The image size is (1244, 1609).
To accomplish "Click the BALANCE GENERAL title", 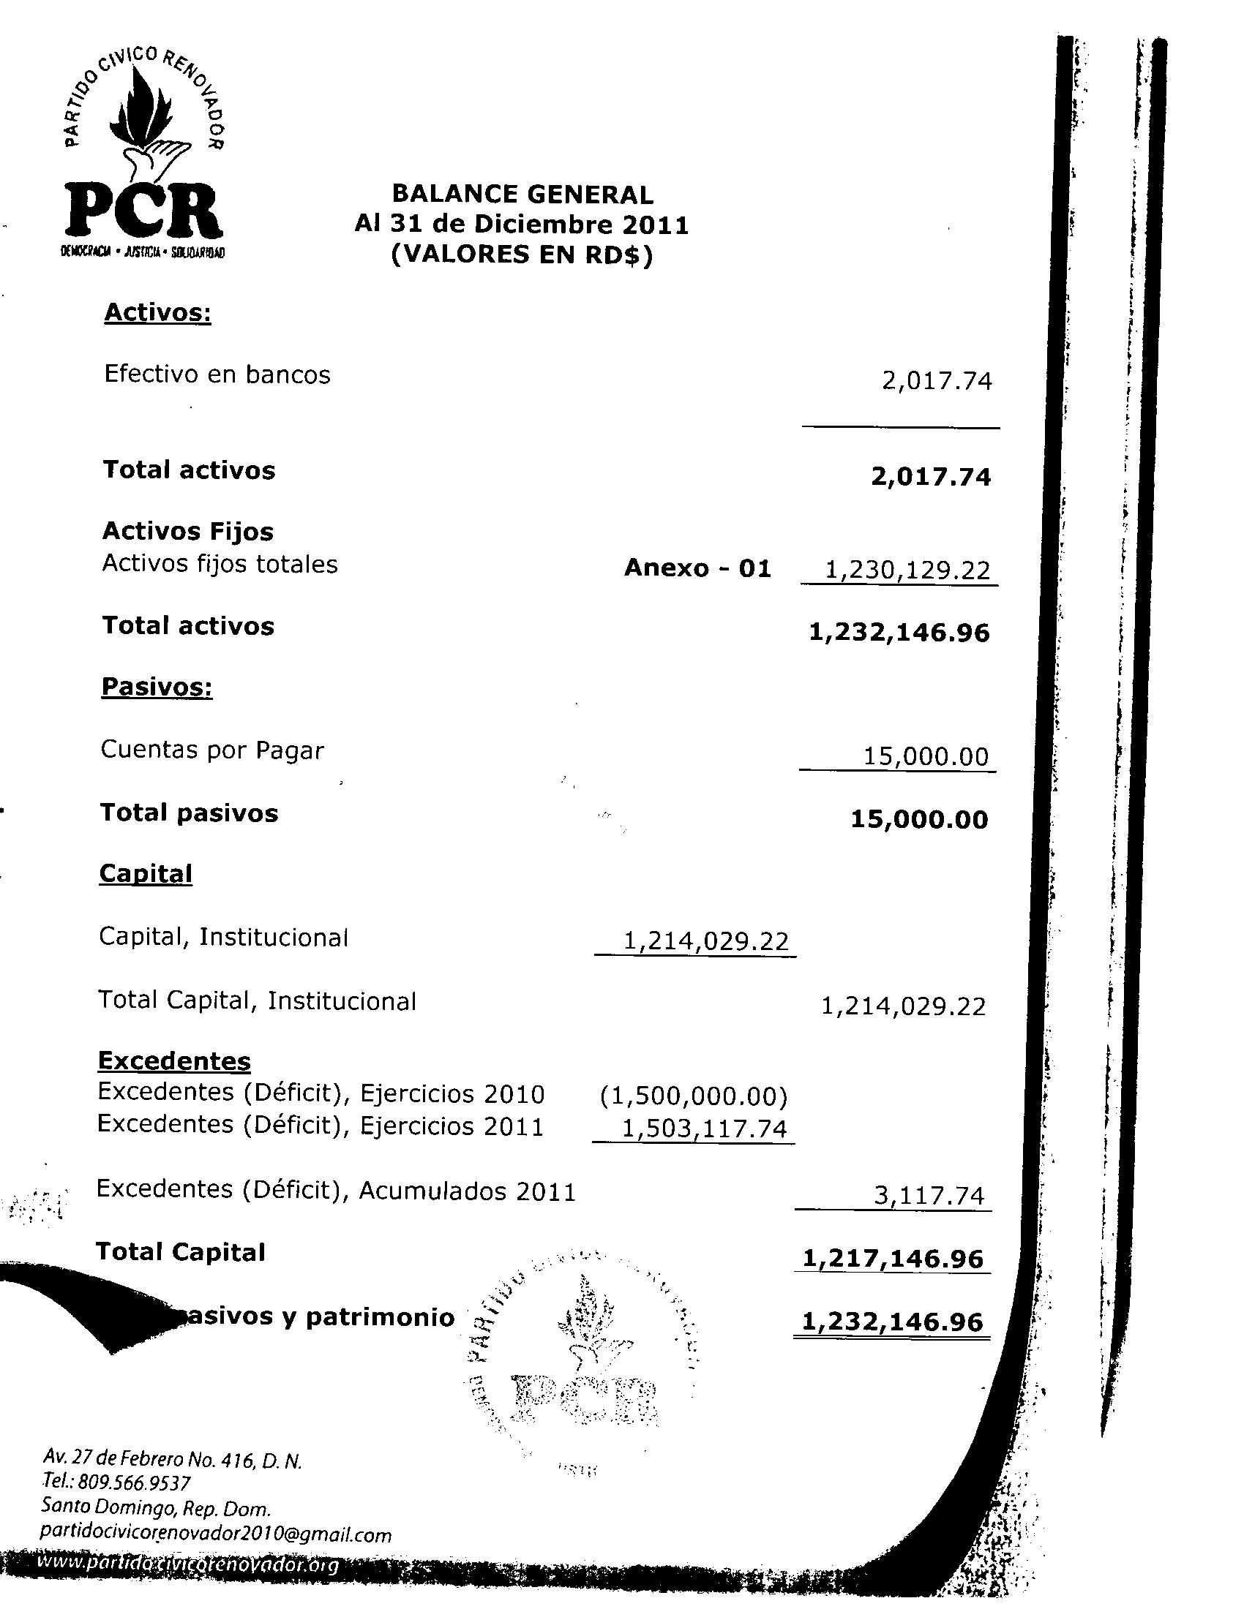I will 522,194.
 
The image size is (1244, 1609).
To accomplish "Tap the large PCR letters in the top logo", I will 143,211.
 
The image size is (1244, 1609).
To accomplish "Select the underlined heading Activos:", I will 158,312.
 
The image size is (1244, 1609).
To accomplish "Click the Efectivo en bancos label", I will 217,374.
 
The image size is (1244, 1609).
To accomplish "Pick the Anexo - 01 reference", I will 697,568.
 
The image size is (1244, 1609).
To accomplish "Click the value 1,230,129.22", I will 907,570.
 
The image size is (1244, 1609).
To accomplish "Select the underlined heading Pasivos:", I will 157,687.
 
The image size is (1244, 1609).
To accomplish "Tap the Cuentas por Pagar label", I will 212,750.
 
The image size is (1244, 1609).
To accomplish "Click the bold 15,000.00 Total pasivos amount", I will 919,819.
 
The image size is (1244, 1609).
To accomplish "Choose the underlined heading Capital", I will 146,873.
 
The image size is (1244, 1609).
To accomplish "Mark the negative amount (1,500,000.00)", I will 694,1097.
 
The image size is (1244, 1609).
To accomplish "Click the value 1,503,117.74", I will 705,1128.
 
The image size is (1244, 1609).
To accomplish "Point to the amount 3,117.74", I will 929,1195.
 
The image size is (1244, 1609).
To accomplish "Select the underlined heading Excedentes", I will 174,1061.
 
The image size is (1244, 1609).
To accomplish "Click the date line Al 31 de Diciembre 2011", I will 521,224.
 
